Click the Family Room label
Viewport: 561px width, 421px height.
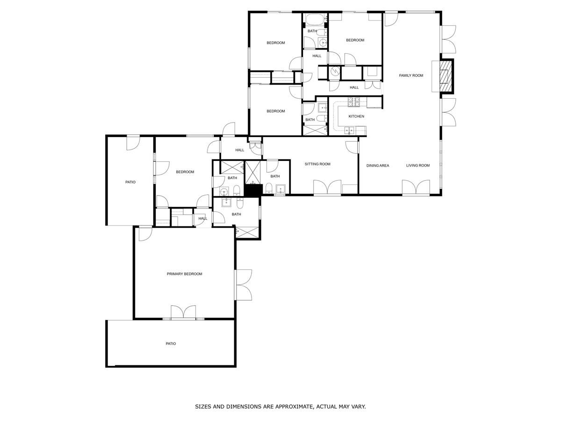411,75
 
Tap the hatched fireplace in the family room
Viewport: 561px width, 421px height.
446,76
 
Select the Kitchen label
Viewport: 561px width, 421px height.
356,116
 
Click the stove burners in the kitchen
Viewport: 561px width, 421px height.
353,102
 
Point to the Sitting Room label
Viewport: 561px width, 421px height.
317,164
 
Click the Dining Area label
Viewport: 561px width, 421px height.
377,166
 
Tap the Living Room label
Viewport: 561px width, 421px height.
417,166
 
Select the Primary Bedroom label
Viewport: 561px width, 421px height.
184,274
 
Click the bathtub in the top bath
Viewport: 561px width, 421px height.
315,19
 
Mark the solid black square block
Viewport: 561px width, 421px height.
253,190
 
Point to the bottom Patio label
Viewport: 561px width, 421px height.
171,343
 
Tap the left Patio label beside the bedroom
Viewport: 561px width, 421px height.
130,182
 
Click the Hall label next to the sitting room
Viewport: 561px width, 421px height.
239,150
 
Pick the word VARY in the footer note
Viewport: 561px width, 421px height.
359,406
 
